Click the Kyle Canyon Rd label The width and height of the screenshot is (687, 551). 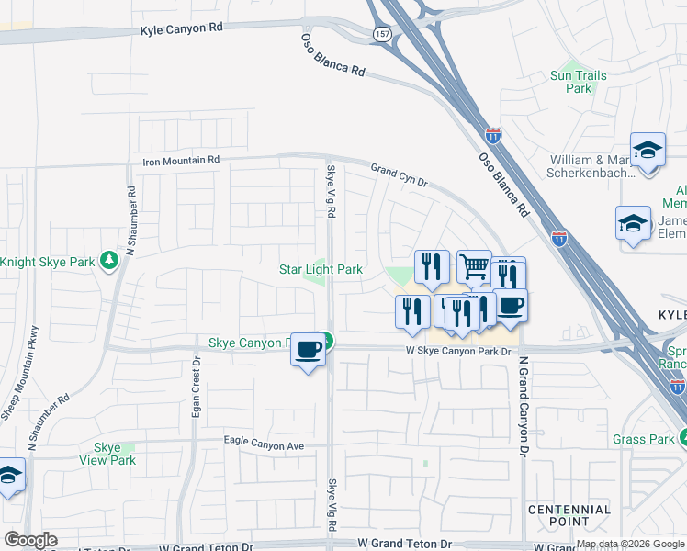(x=182, y=28)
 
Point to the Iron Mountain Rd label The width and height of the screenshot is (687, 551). (x=182, y=160)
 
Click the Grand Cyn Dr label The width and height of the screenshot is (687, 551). (x=400, y=175)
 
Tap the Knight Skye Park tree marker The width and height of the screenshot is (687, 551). (x=109, y=262)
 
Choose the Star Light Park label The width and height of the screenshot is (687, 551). (x=321, y=269)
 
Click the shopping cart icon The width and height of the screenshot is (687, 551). (x=474, y=266)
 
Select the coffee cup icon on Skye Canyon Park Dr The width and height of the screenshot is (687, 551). (x=309, y=349)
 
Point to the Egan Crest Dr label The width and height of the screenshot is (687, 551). (x=196, y=400)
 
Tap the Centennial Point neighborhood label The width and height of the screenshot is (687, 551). (x=569, y=515)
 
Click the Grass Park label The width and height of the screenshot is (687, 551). (x=644, y=440)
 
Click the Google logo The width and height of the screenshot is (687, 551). (x=30, y=540)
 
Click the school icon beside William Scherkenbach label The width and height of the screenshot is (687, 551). (x=648, y=151)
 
